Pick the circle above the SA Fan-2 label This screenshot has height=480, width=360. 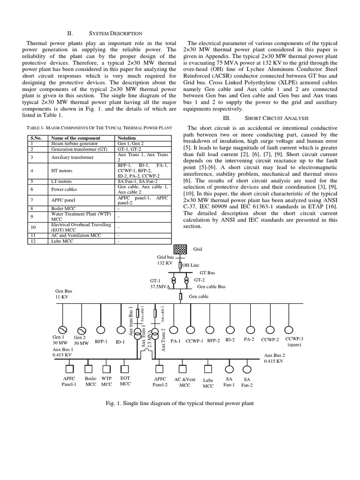point(247,368)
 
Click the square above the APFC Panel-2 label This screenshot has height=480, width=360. point(160,368)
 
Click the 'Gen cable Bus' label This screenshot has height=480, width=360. point(211,286)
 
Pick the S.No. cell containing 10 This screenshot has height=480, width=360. point(33,226)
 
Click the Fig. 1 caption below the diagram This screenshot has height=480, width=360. point(180,403)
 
